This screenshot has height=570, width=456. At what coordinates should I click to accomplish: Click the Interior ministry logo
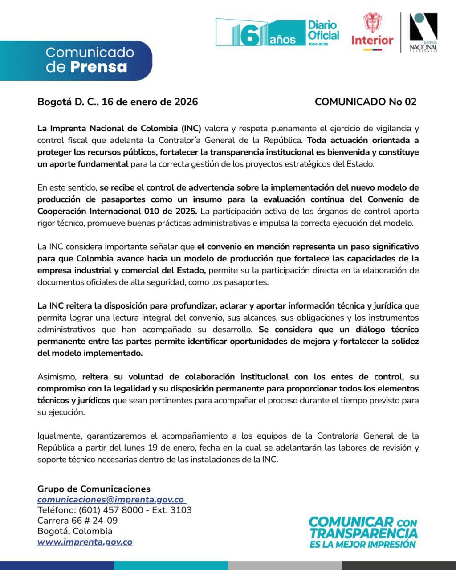pyautogui.click(x=372, y=31)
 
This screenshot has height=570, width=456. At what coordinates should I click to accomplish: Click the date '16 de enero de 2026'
pyautogui.click(x=150, y=102)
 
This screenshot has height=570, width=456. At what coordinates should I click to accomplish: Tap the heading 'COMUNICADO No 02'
pyautogui.click(x=365, y=102)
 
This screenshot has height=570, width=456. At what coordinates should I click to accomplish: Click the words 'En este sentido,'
pyautogui.click(x=67, y=187)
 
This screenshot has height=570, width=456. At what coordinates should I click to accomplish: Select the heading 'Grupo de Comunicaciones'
pyautogui.click(x=94, y=489)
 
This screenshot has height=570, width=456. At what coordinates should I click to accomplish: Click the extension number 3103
pyautogui.click(x=181, y=510)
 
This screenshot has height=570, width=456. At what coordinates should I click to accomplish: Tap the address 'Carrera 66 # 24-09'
pyautogui.click(x=77, y=521)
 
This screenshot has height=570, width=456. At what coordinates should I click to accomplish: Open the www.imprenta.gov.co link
pyautogui.click(x=85, y=542)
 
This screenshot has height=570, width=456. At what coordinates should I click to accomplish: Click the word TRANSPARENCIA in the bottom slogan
pyautogui.click(x=363, y=533)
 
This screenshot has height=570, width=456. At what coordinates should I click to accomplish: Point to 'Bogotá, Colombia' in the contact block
pyautogui.click(x=75, y=531)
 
